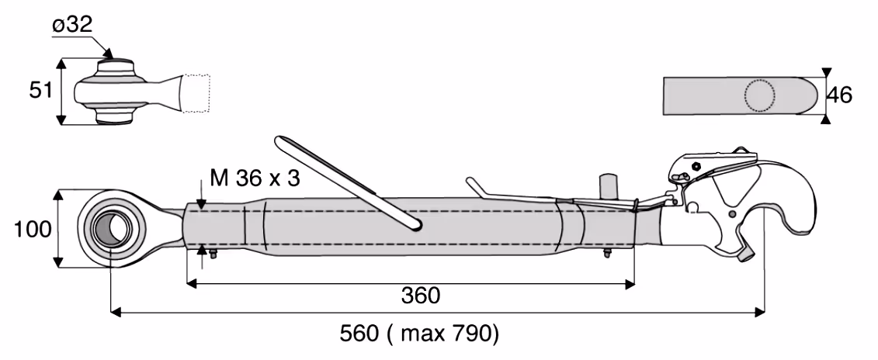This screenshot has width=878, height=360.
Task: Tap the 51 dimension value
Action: [x=41, y=91]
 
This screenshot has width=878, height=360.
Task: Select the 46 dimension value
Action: [x=839, y=95]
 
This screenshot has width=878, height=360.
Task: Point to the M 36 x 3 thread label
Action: [x=255, y=178]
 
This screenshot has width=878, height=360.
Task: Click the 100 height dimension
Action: [x=32, y=229]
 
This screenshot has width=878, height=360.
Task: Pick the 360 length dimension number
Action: [x=421, y=295]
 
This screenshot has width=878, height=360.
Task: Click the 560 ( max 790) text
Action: [x=419, y=334]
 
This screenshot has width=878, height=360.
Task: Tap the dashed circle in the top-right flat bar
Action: [x=760, y=95]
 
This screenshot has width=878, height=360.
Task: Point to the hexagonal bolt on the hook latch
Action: [x=696, y=166]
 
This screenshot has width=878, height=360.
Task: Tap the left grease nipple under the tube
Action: [x=213, y=254]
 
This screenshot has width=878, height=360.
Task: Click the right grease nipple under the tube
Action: [x=607, y=253]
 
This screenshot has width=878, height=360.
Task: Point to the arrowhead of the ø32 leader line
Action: [x=109, y=54]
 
